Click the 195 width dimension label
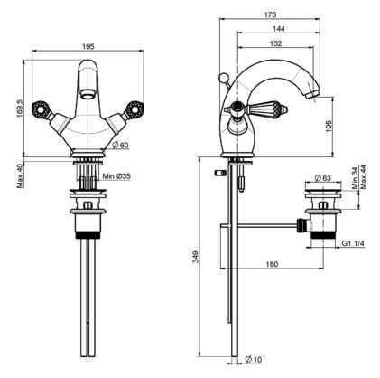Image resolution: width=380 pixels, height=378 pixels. [88, 46]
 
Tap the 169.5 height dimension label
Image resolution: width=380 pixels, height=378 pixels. [20, 109]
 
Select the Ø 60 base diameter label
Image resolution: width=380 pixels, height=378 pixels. [120, 145]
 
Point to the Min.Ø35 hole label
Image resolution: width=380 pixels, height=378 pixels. [116, 176]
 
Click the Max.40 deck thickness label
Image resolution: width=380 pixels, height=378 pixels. [20, 176]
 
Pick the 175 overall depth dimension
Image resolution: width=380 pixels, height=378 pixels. [271, 14]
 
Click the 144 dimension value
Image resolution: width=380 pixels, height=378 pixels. [279, 29]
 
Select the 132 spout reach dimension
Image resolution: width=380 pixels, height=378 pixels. [275, 43]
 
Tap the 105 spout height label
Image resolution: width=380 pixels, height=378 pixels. [329, 126]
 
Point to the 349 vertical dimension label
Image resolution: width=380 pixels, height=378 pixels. [196, 257]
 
